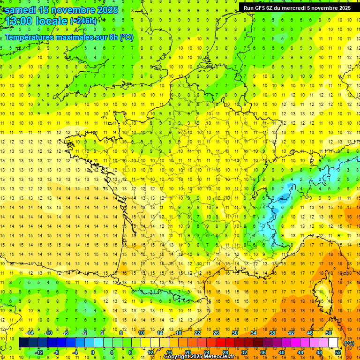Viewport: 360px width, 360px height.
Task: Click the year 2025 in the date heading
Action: pyautogui.click(x=105, y=10)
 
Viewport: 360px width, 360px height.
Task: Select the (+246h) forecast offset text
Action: pyautogui.click(x=83, y=21)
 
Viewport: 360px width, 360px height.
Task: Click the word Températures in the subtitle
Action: pyautogui.click(x=28, y=37)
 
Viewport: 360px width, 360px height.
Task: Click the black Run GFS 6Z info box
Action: pyautogui.click(x=297, y=7)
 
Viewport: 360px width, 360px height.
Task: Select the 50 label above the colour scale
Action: pyautogui.click(x=329, y=333)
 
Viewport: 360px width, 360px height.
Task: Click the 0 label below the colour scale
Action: pyautogui.click(x=93, y=352)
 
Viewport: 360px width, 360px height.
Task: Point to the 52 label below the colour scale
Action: pyautogui.click(x=338, y=352)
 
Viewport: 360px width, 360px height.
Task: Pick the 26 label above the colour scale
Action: pyautogui.click(x=216, y=333)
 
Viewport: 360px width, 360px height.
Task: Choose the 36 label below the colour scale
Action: pyautogui.click(x=263, y=352)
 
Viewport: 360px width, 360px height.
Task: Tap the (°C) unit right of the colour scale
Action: pyautogui.click(x=349, y=343)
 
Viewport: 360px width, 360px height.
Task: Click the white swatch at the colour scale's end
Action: pyautogui.click(x=333, y=343)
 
